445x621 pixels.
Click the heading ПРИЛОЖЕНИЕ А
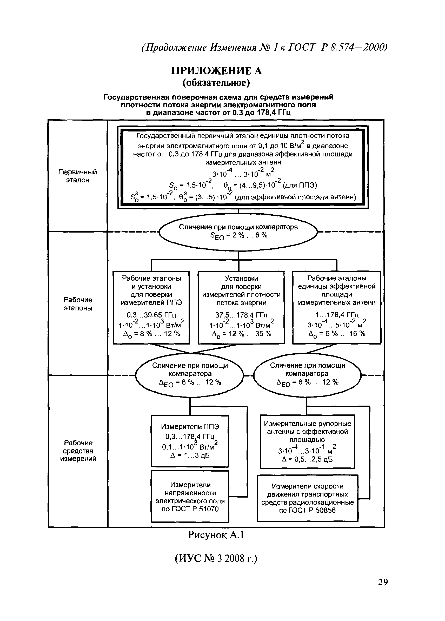(216, 71)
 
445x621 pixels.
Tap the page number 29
(383, 582)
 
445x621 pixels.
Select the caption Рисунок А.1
(216, 535)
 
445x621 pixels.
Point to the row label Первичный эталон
(78, 176)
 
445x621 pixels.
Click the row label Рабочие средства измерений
(78, 451)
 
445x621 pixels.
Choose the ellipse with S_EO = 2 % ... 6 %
(238, 232)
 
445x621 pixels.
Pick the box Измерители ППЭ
(190, 441)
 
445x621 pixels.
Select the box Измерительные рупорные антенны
(307, 441)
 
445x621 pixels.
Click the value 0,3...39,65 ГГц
(151, 315)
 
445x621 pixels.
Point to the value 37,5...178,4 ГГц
(241, 315)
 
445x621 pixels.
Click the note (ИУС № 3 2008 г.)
(216, 558)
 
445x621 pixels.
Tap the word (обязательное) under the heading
(216, 83)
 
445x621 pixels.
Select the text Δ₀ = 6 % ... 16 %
(337, 334)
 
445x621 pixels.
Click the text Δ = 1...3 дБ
(190, 455)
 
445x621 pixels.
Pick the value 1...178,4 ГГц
(337, 315)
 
